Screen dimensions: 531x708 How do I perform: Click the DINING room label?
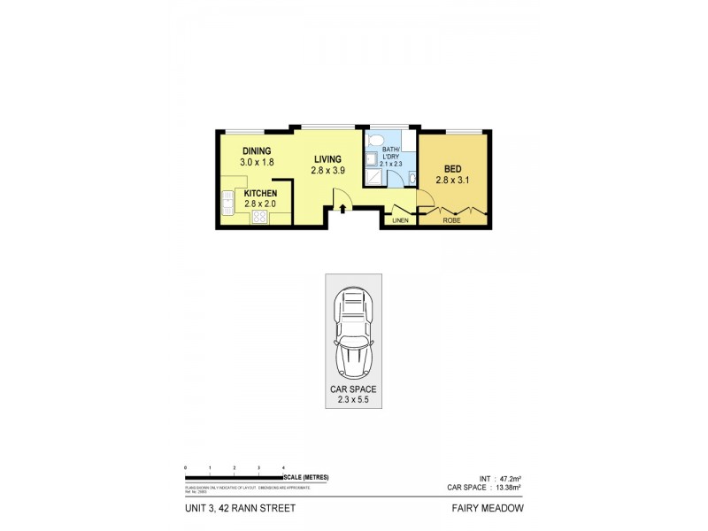256,151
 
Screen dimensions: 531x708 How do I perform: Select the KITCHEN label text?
261,193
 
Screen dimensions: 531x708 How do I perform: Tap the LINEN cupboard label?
400,220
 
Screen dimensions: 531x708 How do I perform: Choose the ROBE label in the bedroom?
451,220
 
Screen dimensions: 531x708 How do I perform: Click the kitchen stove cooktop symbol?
260,217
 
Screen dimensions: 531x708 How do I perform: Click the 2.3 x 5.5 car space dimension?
354,400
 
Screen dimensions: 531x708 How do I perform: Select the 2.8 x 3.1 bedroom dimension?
451,180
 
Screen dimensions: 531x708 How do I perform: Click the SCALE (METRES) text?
307,477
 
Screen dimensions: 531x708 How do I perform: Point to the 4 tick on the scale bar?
283,466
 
